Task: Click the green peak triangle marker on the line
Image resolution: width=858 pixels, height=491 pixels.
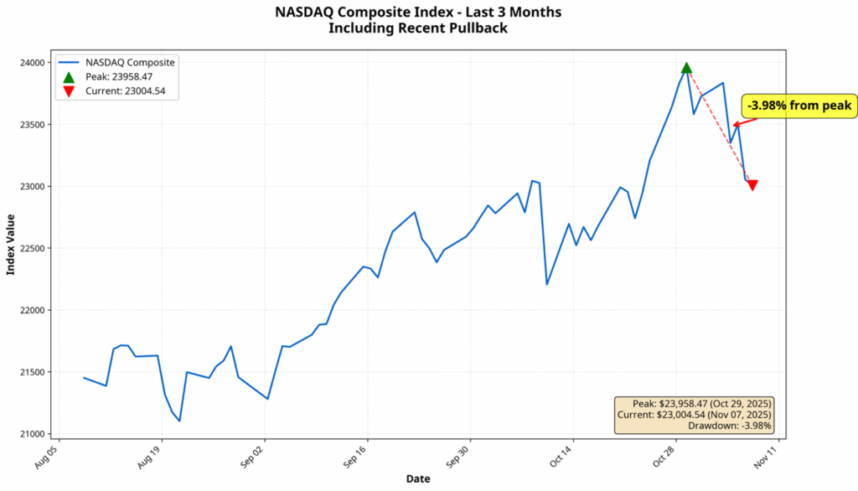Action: coord(686,68)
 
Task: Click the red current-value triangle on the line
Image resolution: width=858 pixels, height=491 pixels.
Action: coord(752,185)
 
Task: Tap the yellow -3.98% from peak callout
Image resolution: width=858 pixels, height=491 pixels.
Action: coord(799,106)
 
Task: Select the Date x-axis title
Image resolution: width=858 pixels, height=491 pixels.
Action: coord(419,478)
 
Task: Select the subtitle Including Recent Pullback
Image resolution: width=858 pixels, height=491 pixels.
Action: coord(418,28)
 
